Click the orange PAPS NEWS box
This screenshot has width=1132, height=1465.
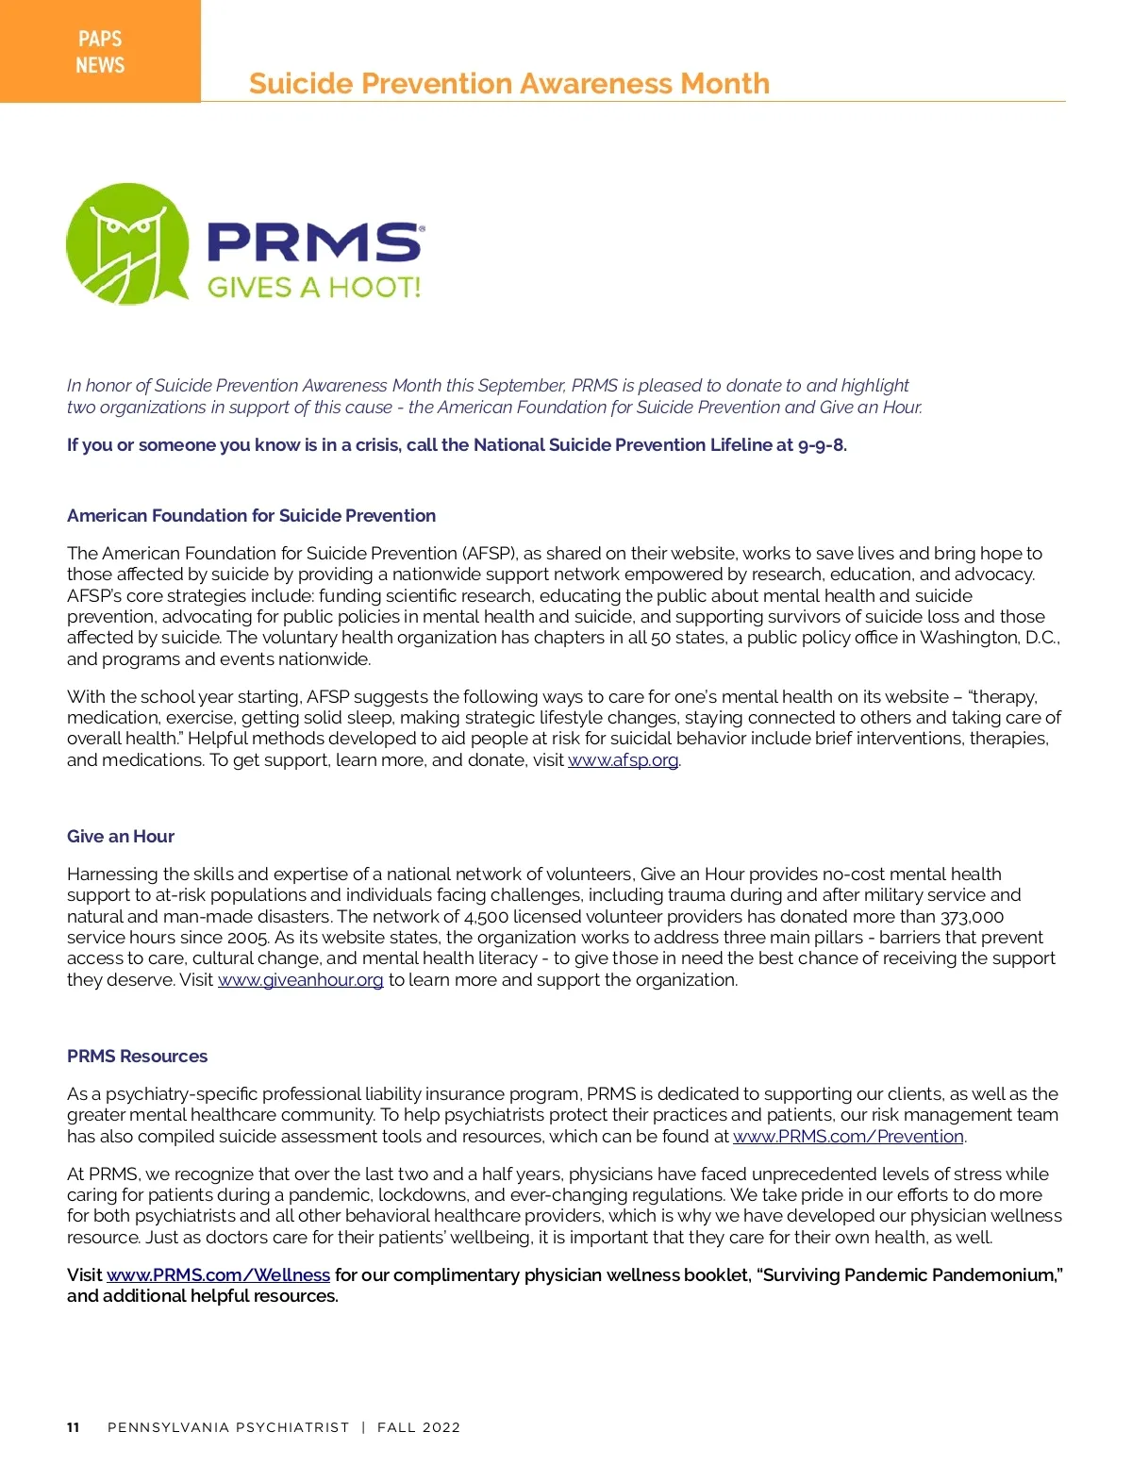(x=100, y=51)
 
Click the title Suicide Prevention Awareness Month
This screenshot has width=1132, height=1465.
(x=508, y=84)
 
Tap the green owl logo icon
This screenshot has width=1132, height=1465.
(x=126, y=242)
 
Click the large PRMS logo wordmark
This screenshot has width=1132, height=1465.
(x=314, y=241)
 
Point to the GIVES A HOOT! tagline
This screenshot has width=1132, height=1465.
(x=314, y=287)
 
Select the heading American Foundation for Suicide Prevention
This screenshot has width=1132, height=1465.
(x=251, y=516)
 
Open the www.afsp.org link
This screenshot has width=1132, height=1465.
(x=623, y=760)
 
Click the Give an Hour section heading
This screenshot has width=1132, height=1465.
(x=121, y=837)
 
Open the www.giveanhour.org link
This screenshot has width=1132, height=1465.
(x=300, y=980)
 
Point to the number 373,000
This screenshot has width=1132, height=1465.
(x=972, y=917)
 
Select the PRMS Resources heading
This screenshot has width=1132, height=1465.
(x=137, y=1057)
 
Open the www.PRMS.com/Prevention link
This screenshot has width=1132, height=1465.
(x=848, y=1137)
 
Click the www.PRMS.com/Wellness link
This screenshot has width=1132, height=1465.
(x=218, y=1275)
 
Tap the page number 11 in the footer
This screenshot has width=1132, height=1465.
(x=74, y=1427)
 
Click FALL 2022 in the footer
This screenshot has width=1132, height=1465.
(x=419, y=1427)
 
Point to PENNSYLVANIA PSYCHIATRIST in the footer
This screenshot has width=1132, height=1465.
(x=228, y=1427)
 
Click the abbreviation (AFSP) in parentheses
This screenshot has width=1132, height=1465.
(x=488, y=554)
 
